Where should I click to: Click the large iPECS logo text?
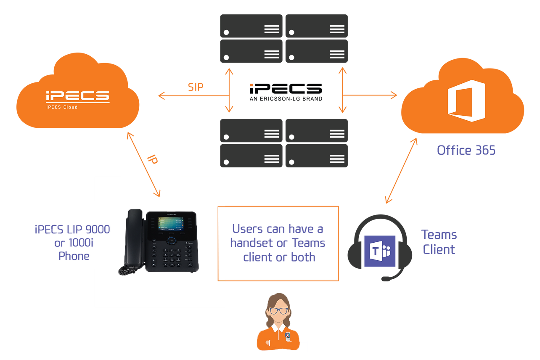click(x=77, y=96)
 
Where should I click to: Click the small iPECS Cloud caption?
click(x=62, y=107)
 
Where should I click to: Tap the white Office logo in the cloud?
click(x=466, y=101)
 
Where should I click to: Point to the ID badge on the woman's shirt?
click(x=288, y=336)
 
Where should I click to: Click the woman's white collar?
click(x=278, y=327)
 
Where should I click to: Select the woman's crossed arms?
click(x=278, y=343)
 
